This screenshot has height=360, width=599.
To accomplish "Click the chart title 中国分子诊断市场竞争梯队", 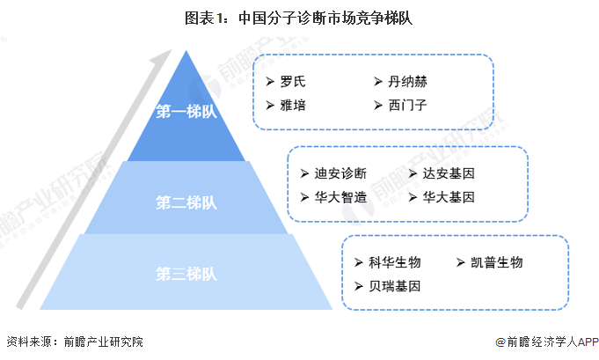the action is [325, 18].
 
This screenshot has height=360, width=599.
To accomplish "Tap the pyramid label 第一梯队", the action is [186, 112].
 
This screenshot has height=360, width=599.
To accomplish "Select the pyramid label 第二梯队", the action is [186, 202].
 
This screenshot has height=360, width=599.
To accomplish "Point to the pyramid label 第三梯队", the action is [186, 274].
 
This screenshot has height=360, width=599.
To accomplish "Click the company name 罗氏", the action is [293, 81].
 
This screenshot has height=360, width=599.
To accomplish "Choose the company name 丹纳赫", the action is [407, 81].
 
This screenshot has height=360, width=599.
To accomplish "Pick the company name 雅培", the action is [293, 105].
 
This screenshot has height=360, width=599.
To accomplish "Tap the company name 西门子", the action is [407, 105].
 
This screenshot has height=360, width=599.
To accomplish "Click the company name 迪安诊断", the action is [340, 173].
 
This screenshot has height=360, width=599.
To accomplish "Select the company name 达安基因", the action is [449, 173].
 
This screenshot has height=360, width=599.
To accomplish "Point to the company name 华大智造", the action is [340, 197].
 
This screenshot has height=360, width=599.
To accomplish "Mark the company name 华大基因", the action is [449, 197].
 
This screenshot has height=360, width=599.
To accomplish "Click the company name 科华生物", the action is [395, 262].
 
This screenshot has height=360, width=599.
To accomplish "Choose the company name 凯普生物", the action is [497, 262].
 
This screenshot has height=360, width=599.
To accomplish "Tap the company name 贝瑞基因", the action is [395, 286].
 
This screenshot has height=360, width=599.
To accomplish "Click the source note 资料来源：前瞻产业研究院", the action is [75, 342].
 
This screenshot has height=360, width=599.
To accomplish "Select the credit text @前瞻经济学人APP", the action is [546, 342].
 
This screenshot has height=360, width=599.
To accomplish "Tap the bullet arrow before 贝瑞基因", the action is [358, 286].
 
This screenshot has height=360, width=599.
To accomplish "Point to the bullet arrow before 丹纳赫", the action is [378, 81].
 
